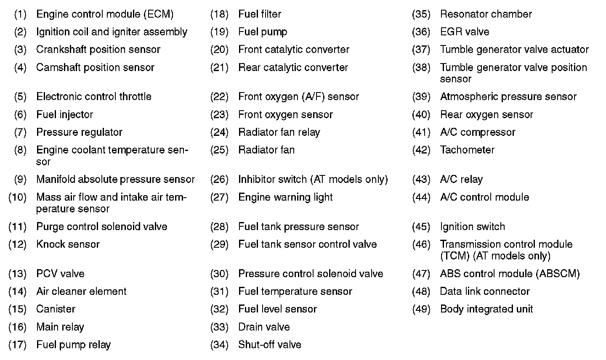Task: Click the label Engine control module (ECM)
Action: click(105, 14)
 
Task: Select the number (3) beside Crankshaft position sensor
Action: click(20, 50)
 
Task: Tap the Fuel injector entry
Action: click(64, 114)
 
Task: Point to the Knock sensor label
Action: click(68, 244)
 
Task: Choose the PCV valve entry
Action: click(60, 274)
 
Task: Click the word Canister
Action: click(56, 309)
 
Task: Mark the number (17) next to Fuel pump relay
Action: click(18, 345)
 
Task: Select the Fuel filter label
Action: click(260, 14)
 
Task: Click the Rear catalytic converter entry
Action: click(293, 68)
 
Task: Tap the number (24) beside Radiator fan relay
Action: click(219, 132)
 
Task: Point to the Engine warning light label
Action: click(285, 197)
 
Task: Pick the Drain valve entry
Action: click(264, 327)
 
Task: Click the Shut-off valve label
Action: click(269, 345)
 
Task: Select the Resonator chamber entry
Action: click(486, 14)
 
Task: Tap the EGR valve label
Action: click(464, 32)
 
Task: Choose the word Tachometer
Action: click(467, 150)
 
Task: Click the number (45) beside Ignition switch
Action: click(421, 227)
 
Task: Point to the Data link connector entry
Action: click(484, 291)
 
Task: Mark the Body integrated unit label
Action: click(486, 309)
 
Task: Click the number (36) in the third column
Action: click(421, 32)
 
